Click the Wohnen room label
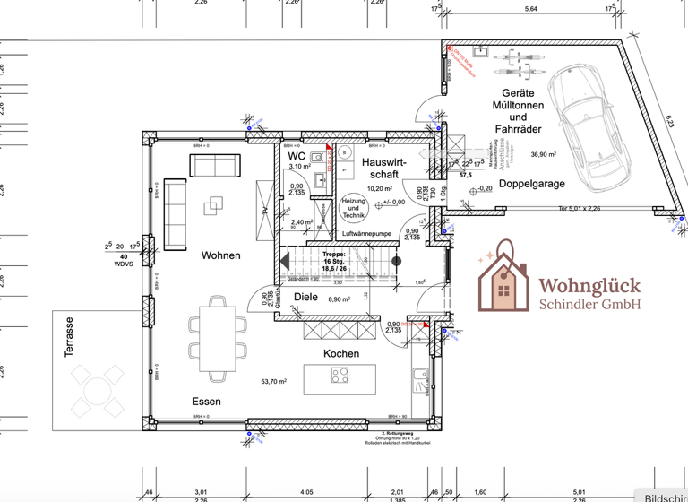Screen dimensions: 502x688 [x=220, y=255]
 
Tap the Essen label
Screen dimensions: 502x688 [x=206, y=402]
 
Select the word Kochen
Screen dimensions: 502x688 [x=341, y=353]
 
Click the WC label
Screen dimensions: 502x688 [x=297, y=156]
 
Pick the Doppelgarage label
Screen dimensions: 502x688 [x=532, y=183]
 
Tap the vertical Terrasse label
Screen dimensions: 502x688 [x=69, y=337]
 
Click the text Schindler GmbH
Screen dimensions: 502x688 [x=589, y=305]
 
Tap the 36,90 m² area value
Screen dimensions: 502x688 [x=544, y=154]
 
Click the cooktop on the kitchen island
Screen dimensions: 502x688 [x=340, y=376]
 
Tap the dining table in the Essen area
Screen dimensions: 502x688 [x=216, y=338]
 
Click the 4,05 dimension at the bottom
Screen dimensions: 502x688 [x=306, y=491]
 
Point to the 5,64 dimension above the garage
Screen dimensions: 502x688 [x=530, y=9]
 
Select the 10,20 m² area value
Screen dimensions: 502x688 [x=380, y=189]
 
